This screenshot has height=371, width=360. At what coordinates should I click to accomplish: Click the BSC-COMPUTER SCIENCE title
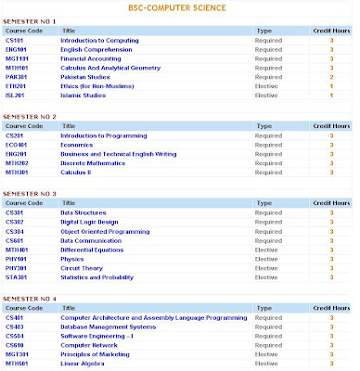(180, 8)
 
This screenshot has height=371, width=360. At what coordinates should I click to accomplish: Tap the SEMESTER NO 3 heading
(32, 193)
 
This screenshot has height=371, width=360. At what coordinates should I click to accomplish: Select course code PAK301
(17, 77)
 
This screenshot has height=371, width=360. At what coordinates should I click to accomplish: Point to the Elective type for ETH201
(266, 85)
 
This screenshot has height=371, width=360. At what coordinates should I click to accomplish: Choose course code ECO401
(17, 145)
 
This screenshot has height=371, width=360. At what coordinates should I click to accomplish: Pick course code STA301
(17, 275)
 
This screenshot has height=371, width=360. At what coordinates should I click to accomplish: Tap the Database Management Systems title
(109, 326)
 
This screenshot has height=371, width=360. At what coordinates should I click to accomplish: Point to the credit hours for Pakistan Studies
(330, 77)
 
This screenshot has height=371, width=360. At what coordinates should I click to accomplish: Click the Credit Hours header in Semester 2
(330, 126)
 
